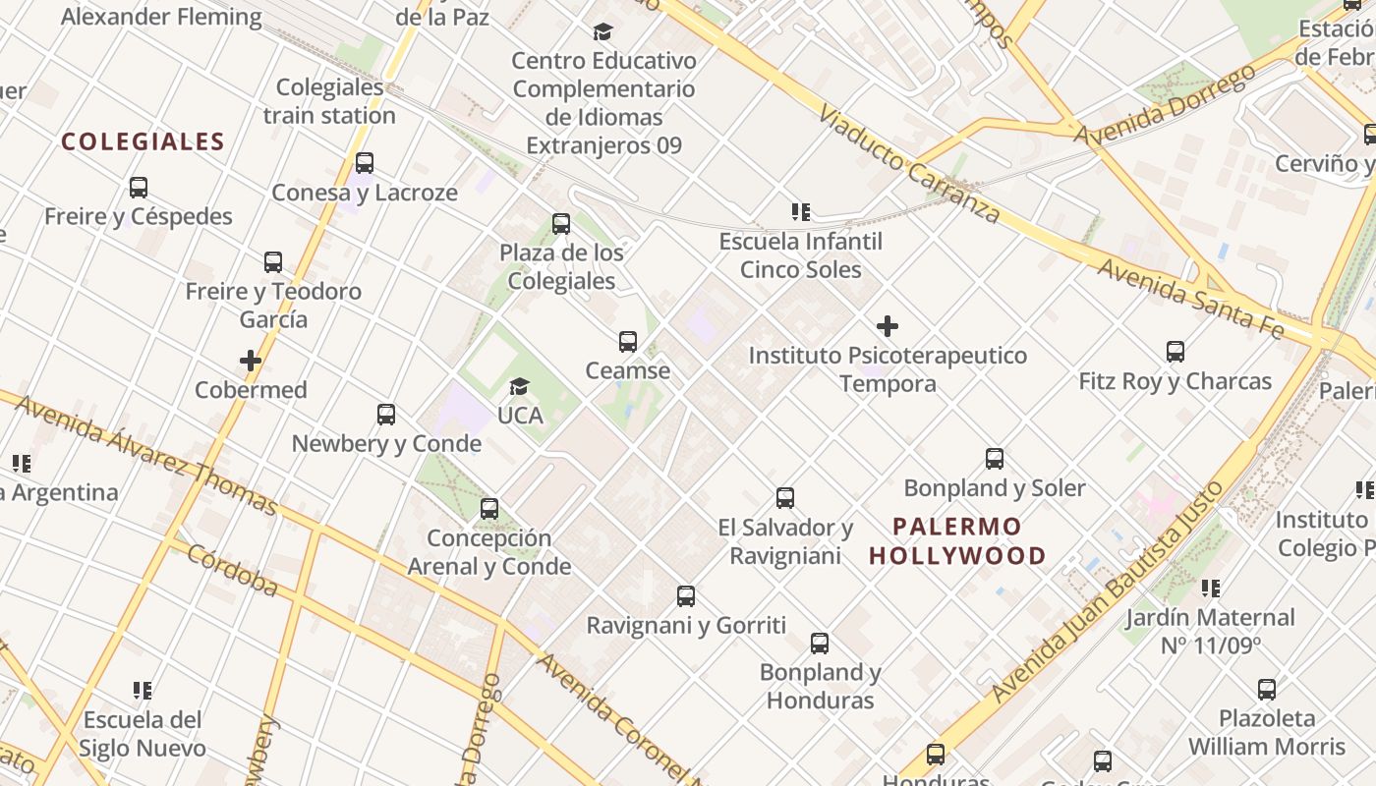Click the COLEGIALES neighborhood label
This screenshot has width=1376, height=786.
coord(143,142)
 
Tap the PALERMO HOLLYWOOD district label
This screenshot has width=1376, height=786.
coord(957,541)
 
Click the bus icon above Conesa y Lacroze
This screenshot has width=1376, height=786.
coord(365,163)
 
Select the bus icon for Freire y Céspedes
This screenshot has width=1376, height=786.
coord(139,187)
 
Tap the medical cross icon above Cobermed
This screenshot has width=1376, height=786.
coord(251,361)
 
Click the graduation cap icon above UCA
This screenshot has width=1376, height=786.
coord(519,387)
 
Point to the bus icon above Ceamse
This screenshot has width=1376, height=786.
coord(628,342)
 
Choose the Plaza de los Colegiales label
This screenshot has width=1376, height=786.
coord(561,267)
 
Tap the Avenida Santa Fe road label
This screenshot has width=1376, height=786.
coord(1190,300)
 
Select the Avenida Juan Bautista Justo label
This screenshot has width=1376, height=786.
coord(1108,592)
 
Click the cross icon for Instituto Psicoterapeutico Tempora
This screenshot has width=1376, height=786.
coord(888,326)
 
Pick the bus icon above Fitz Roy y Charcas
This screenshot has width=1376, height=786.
coord(1175,352)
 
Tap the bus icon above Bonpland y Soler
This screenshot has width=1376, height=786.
coord(995,459)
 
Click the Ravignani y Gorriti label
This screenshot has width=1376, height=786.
coord(686,625)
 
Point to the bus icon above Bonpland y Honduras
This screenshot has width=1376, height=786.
coord(820,644)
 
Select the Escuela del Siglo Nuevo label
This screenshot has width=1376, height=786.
coord(143,734)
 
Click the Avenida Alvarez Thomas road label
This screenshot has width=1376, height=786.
coord(146,454)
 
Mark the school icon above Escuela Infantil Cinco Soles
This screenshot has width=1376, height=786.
coord(801,212)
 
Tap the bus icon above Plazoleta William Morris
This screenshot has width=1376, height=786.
coord(1267,690)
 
